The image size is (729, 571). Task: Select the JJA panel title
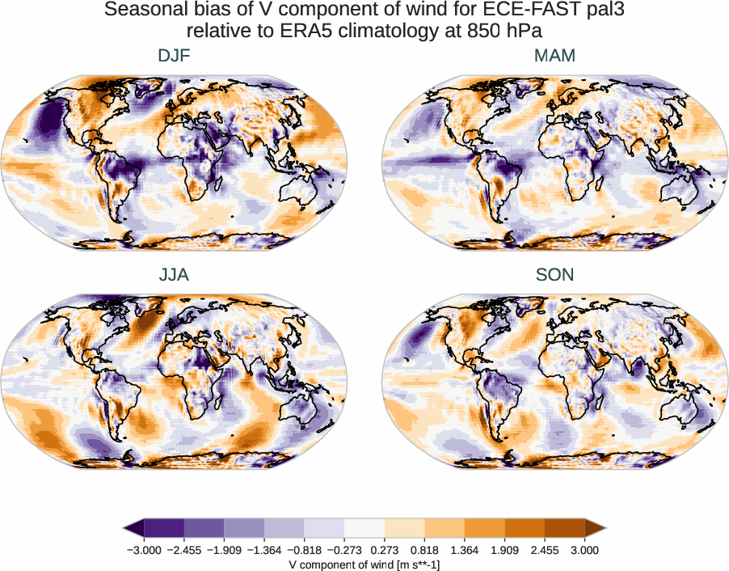[x=175, y=275]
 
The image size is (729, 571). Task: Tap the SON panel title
[x=554, y=275]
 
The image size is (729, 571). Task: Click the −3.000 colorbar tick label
[x=144, y=550]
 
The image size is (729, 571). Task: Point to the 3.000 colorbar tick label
[x=584, y=550]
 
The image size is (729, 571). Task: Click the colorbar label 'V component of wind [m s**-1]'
[x=364, y=564]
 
